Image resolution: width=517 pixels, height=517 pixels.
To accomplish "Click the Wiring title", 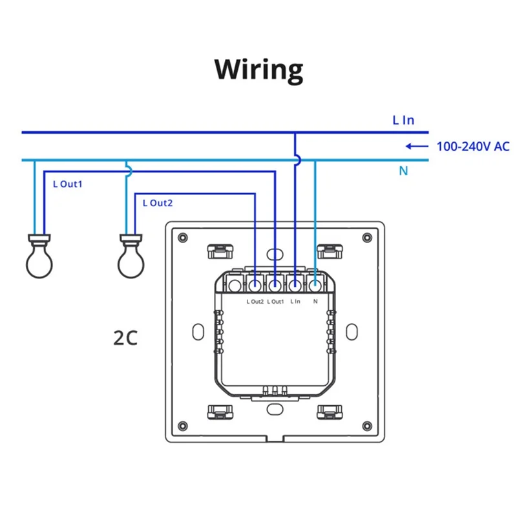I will [258, 69].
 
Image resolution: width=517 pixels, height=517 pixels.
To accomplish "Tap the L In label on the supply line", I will [403, 120].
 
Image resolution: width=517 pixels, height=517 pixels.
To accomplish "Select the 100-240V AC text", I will [472, 146].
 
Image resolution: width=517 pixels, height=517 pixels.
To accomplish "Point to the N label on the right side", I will [403, 171].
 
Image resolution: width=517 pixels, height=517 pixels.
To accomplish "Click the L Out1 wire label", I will [68, 184].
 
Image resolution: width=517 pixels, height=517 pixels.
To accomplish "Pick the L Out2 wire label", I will [158, 203].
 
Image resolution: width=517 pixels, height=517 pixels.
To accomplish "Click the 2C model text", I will [125, 338].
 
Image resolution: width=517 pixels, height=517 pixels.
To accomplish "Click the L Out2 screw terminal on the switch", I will [255, 284].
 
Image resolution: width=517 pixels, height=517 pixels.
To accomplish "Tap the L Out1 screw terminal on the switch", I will [275, 284].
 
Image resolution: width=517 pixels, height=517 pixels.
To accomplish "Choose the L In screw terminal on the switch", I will [295, 284].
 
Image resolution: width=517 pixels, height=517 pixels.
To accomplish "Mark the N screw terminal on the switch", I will [315, 284].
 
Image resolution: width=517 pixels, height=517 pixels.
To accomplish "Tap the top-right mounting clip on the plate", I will [330, 249].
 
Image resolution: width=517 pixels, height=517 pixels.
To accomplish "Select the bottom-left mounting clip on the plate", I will [220, 411].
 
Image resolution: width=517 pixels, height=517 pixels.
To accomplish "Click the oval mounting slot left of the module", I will [196, 330].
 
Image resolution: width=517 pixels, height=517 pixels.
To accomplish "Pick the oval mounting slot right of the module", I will [353, 330].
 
